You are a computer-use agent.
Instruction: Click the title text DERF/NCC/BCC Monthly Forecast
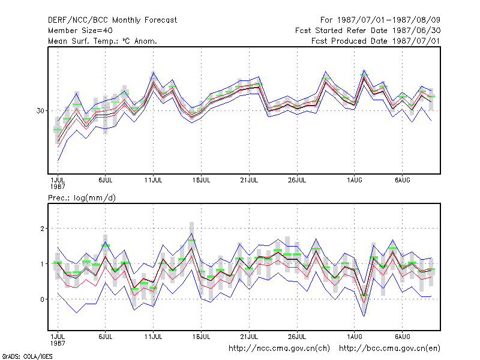pyautogui.click(x=112, y=20)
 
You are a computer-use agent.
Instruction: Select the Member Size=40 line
pyautogui.click(x=80, y=31)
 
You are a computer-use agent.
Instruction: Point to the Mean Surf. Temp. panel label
pyautogui.click(x=103, y=41)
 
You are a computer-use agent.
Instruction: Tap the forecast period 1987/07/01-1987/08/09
pyautogui.click(x=380, y=20)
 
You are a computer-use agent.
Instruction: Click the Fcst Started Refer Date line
pyautogui.click(x=368, y=31)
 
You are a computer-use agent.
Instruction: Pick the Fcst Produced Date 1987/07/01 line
pyautogui.click(x=376, y=41)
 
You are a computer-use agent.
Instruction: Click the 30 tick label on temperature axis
pyautogui.click(x=40, y=110)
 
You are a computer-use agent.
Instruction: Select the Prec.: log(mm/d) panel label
pyautogui.click(x=82, y=198)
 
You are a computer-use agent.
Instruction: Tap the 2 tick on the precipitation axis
pyautogui.click(x=42, y=229)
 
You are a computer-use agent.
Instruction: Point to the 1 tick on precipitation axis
pyautogui.click(x=43, y=264)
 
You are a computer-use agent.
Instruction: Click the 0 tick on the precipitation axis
pyautogui.click(x=42, y=299)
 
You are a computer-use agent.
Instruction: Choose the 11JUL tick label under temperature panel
pyautogui.click(x=154, y=181)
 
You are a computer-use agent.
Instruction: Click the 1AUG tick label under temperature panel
pyautogui.click(x=355, y=181)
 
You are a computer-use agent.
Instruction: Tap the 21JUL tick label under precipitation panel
pyautogui.click(x=249, y=337)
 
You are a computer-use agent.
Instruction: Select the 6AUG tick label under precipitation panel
pyautogui.click(x=402, y=337)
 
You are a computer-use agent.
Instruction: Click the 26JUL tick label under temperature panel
pyautogui.click(x=297, y=181)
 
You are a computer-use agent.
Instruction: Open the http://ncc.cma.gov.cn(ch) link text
pyautogui.click(x=279, y=349)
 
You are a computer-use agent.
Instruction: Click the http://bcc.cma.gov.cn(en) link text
pyautogui.click(x=389, y=349)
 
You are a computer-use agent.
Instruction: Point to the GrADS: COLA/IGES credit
pyautogui.click(x=27, y=356)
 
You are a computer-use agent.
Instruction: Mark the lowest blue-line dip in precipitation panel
pyautogui.click(x=364, y=316)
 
